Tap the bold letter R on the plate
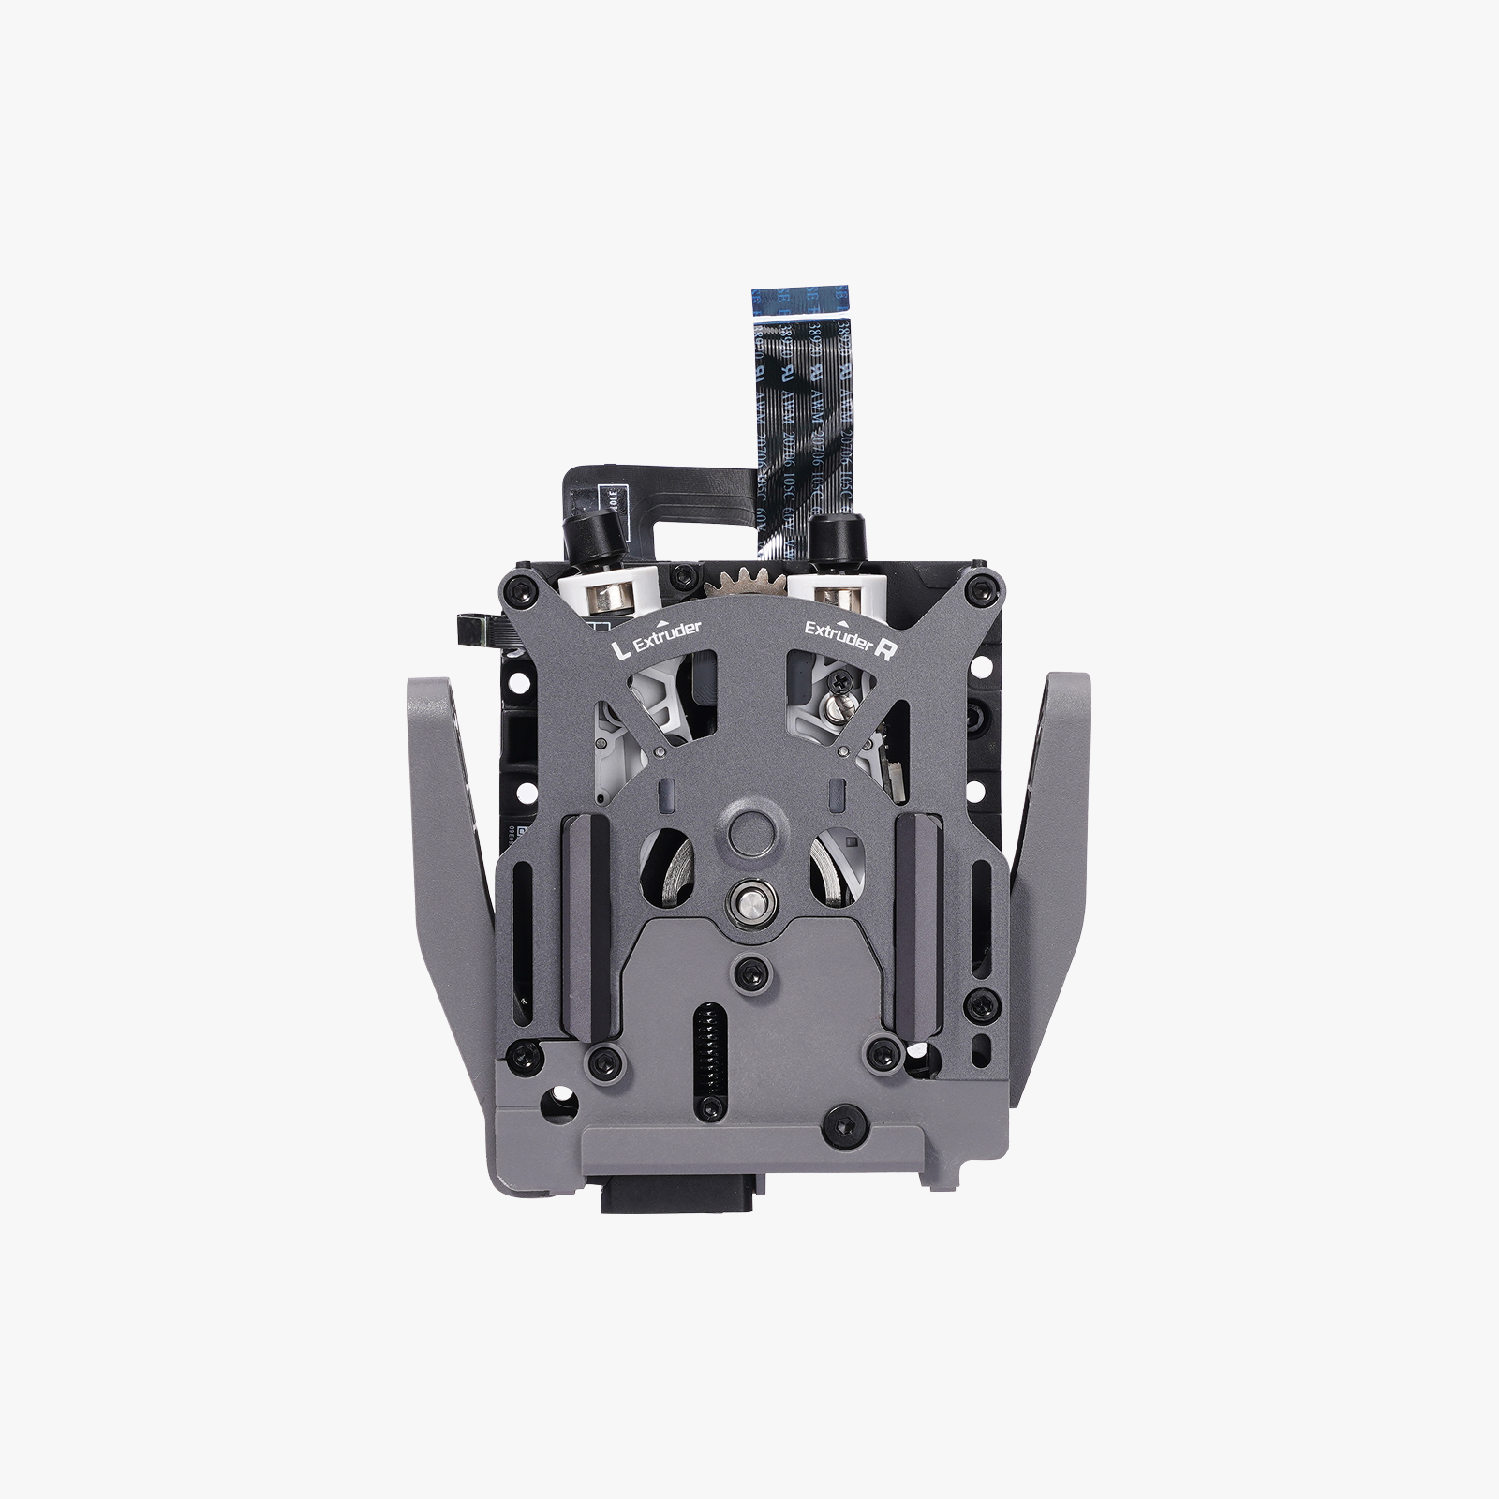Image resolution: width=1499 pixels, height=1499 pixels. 882,653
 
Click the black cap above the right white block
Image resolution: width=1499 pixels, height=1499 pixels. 829,536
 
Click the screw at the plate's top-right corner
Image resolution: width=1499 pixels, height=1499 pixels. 980,588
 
